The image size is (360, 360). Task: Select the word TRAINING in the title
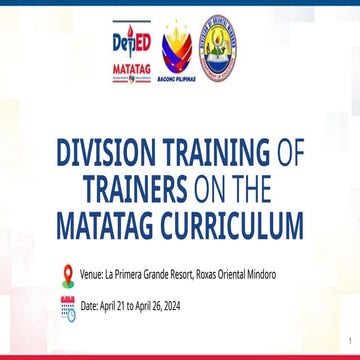coord(209,152)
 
